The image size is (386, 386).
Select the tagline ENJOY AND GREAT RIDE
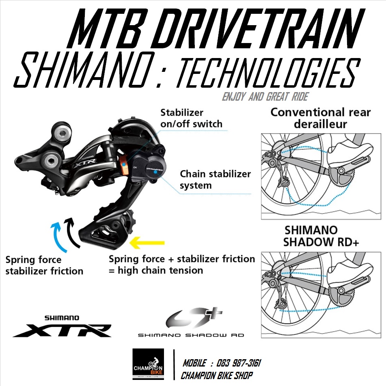pyautogui.click(x=265, y=97)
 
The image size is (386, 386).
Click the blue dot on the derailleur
pyautogui.click(x=155, y=172)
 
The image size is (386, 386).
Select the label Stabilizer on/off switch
pyautogui.click(x=191, y=118)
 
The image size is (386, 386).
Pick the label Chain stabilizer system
pyautogui.click(x=215, y=179)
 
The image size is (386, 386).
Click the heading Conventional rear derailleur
pyautogui.click(x=320, y=118)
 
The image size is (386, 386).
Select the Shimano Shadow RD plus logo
pyautogui.click(x=191, y=323)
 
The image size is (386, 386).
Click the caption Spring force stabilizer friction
pyautogui.click(x=44, y=265)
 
